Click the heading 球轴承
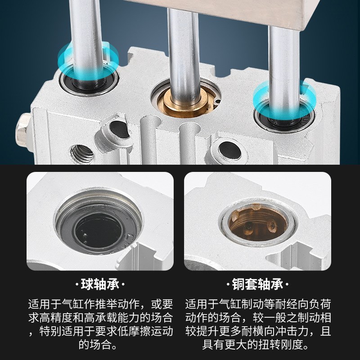pos(102,285)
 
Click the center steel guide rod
pos(183,49)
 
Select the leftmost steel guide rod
pos(85,27)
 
